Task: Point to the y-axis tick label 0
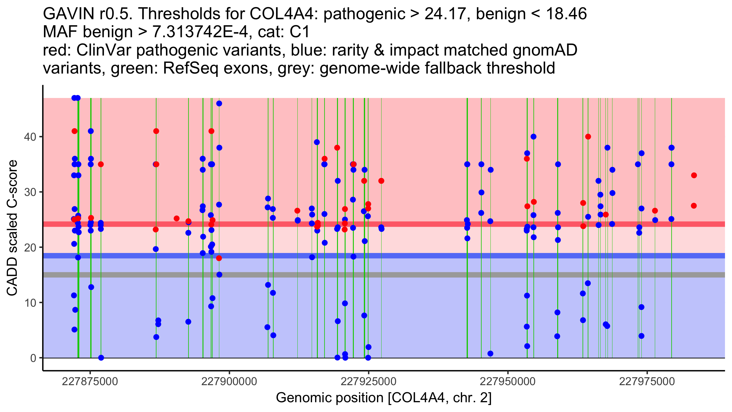(33, 358)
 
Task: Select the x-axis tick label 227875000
(90, 382)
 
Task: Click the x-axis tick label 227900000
(229, 382)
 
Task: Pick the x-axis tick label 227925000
(368, 382)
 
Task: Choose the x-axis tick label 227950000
(508, 382)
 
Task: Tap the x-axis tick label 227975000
(647, 382)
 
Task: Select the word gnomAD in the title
(545, 50)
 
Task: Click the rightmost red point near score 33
(694, 175)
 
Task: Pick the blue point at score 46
(219, 103)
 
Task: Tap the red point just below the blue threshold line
(219, 258)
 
